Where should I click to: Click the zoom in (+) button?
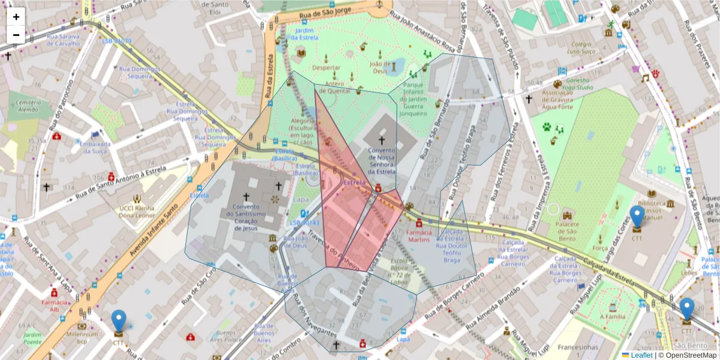click(x=16, y=17)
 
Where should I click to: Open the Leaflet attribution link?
click(x=641, y=355)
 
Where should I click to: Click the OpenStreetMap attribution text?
click(x=691, y=355)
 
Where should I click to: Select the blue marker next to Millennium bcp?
click(x=119, y=320)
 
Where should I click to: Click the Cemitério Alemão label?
click(x=24, y=106)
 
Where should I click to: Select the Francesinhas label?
click(x=578, y=347)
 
